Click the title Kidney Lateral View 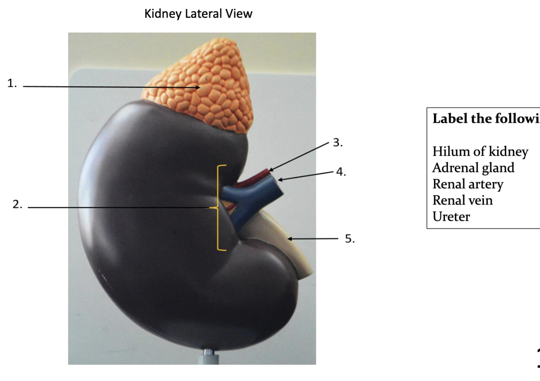coord(198,14)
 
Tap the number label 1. coord(12,84)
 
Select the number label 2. coord(17,204)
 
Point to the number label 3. coord(337,143)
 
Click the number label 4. coord(341,172)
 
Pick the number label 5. coord(349,239)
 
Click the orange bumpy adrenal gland coord(204,87)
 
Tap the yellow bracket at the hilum coord(219,207)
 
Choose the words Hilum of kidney coord(480,152)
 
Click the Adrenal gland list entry coord(473,168)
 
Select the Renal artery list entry coord(468,184)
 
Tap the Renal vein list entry coord(462,200)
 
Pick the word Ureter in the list coord(451,217)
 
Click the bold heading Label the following coord(486,119)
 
